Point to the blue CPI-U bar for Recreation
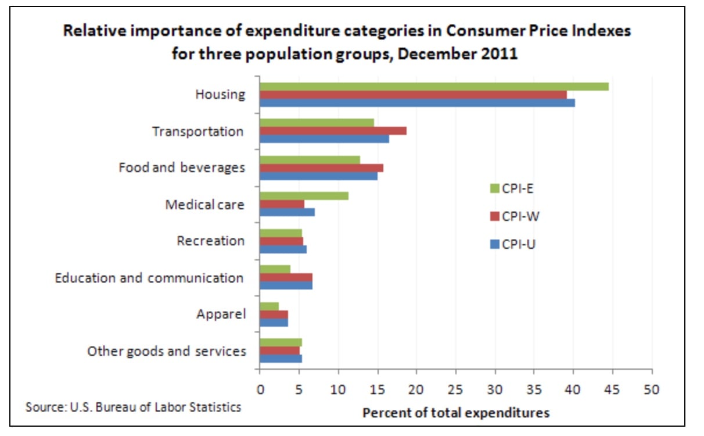pos(283,249)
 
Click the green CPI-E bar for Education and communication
pos(275,269)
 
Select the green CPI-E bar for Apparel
pos(269,306)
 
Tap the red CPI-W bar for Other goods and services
pos(279,351)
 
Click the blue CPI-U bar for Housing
pos(417,103)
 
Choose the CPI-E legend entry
pos(511,188)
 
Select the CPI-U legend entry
pos(512,244)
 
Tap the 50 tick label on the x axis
pos(652,389)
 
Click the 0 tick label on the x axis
pos(260,389)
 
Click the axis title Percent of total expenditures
pos(455,413)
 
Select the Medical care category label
pos(204,205)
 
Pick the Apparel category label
pos(221,315)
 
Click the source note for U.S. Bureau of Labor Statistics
pos(133,407)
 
